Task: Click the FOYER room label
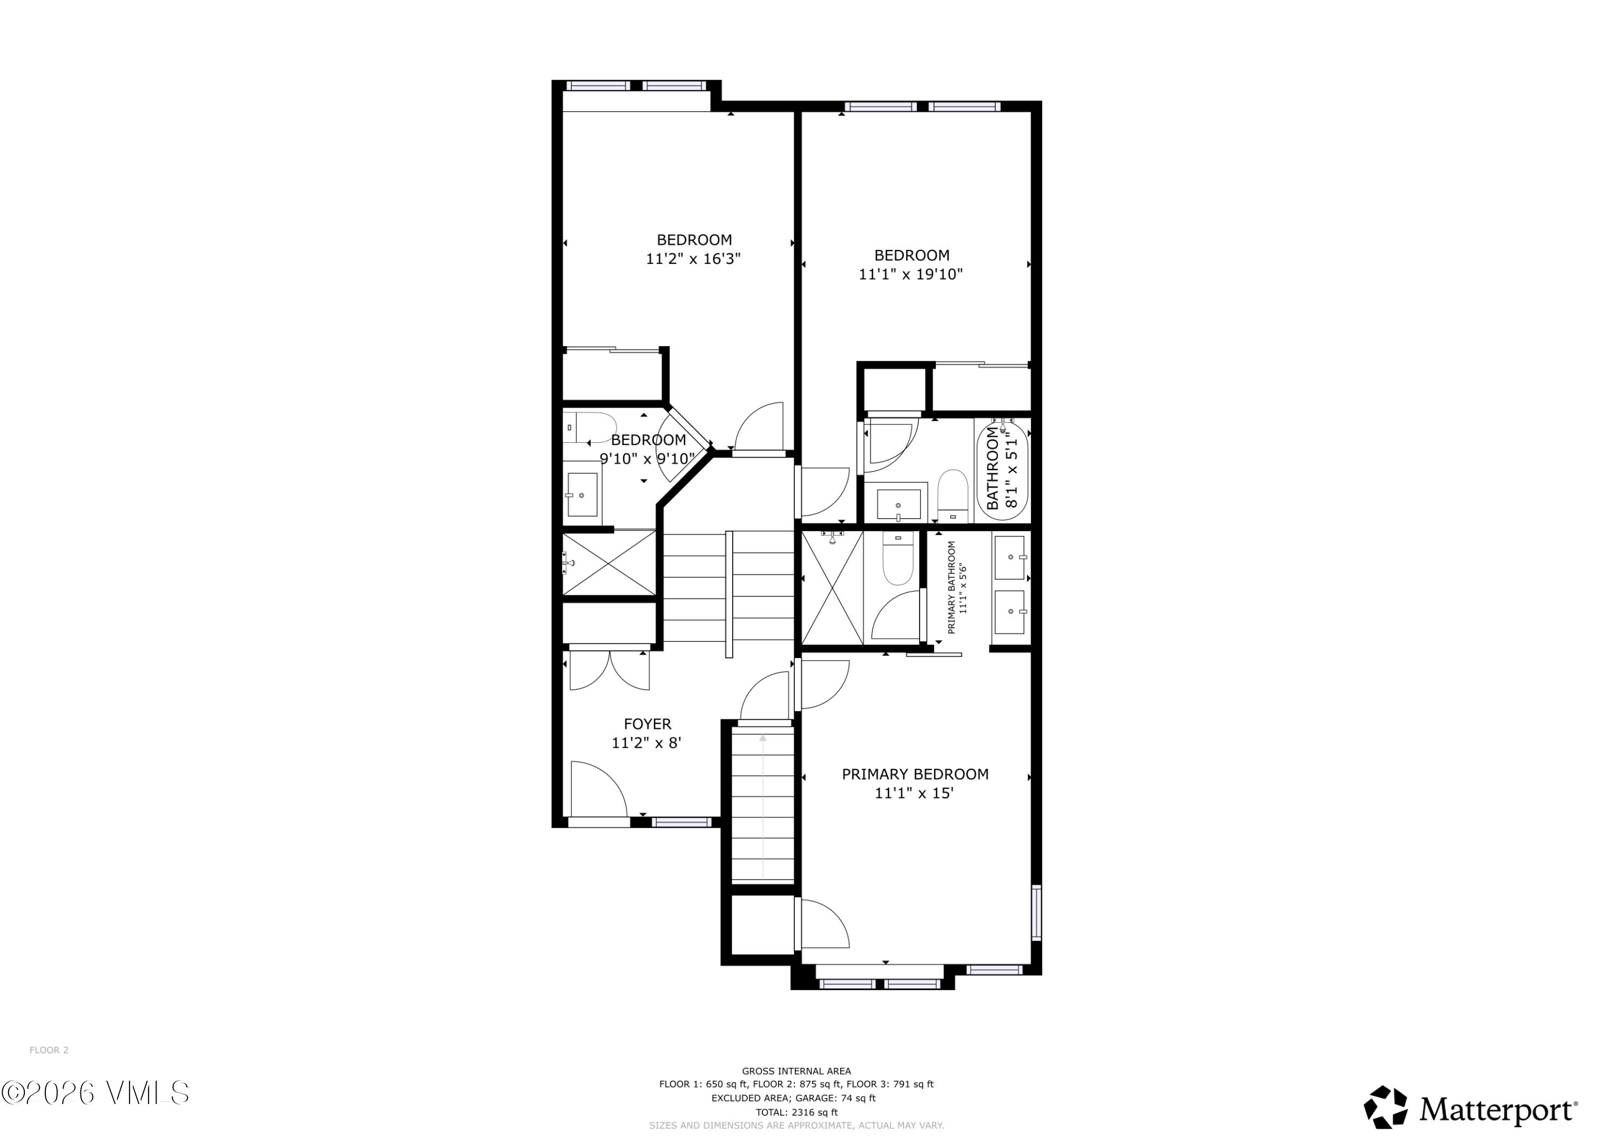pyautogui.click(x=647, y=724)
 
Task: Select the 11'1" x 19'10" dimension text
pyautogui.click(x=910, y=274)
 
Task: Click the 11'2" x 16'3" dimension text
pyautogui.click(x=693, y=259)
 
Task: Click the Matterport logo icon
pyautogui.click(x=1385, y=1108)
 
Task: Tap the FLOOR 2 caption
pyautogui.click(x=49, y=1050)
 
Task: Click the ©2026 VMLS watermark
pyautogui.click(x=95, y=1093)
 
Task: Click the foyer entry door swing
pyautogui.click(x=598, y=790)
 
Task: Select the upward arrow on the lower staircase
pyautogui.click(x=762, y=739)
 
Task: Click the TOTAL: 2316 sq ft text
pyautogui.click(x=796, y=1112)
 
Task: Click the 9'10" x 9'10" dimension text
pyautogui.click(x=647, y=458)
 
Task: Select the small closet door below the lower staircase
pyautogui.click(x=823, y=924)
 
